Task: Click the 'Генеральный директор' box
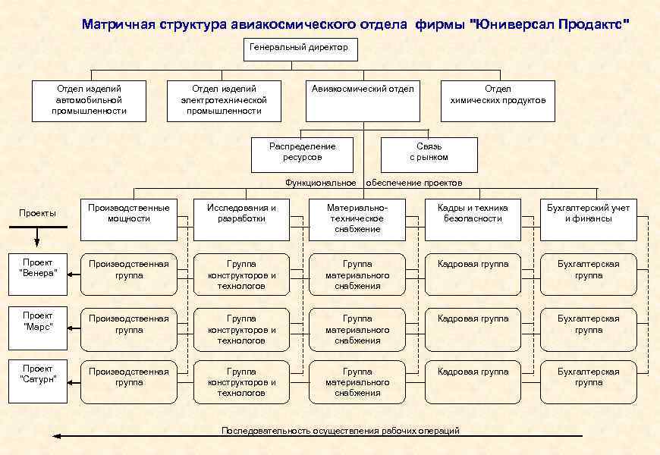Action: click(300, 50)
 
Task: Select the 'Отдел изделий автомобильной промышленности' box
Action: click(89, 100)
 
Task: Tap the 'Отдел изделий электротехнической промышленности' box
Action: click(224, 100)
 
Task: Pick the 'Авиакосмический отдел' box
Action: click(363, 100)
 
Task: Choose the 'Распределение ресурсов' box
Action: click(303, 153)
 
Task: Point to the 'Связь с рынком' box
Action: click(429, 153)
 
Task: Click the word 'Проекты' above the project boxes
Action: click(37, 213)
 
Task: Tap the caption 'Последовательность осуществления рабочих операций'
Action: click(340, 431)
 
